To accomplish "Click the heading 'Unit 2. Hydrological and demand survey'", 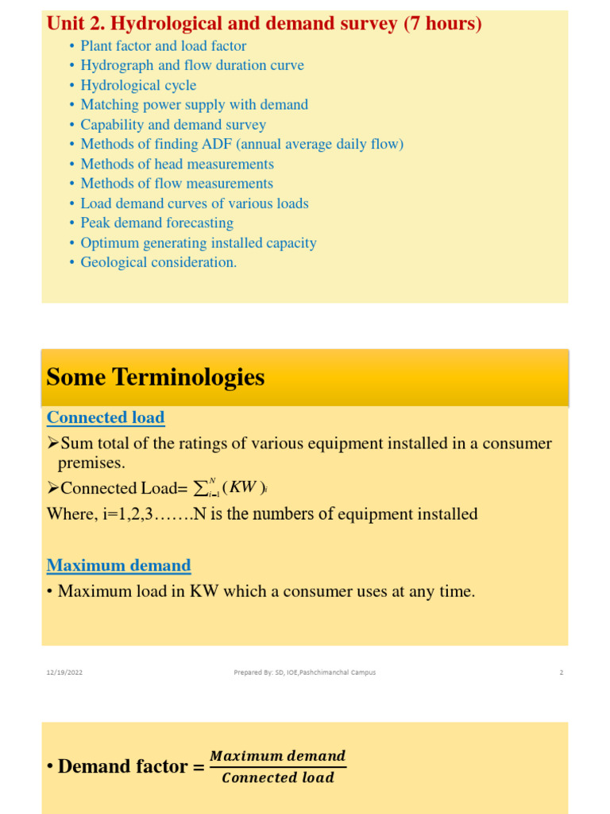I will pyautogui.click(x=264, y=24).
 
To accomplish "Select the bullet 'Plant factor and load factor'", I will pyautogui.click(x=163, y=46).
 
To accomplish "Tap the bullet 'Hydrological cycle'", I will pyautogui.click(x=138, y=85).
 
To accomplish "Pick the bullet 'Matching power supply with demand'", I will pyautogui.click(x=194, y=105).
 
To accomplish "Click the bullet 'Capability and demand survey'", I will pyautogui.click(x=173, y=125).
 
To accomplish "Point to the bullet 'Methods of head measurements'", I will pyautogui.click(x=177, y=164).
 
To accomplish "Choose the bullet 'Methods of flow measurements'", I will pyautogui.click(x=176, y=184).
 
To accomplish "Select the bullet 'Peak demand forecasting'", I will pyautogui.click(x=156, y=223).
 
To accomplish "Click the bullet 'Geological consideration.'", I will pyautogui.click(x=159, y=262).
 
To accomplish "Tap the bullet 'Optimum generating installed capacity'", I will pyautogui.click(x=199, y=242).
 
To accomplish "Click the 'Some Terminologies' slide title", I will pyautogui.click(x=156, y=378).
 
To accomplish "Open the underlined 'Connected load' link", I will pyautogui.click(x=106, y=417).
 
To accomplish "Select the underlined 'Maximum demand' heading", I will pyautogui.click(x=119, y=565).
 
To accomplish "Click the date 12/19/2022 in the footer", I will pyautogui.click(x=64, y=673).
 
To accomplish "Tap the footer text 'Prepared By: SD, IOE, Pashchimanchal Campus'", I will pyautogui.click(x=304, y=673).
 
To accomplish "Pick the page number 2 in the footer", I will pyautogui.click(x=561, y=673).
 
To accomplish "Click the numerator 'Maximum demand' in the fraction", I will pyautogui.click(x=277, y=755).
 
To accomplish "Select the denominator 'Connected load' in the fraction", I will pyautogui.click(x=278, y=778).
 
